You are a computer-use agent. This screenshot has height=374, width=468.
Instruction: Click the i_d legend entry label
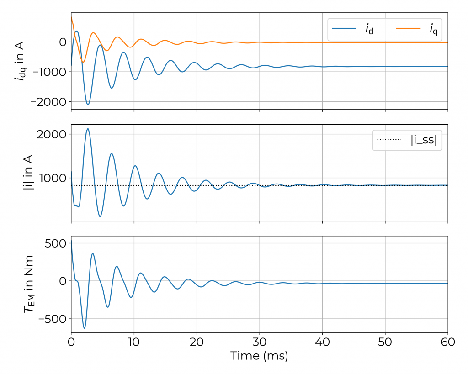pyautogui.click(x=369, y=29)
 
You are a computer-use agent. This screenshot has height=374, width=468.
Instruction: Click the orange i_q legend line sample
pyautogui.click(x=408, y=29)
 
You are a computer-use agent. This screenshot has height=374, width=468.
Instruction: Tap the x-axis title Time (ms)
pyautogui.click(x=259, y=356)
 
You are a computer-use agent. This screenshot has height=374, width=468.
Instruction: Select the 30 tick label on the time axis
pyautogui.click(x=260, y=342)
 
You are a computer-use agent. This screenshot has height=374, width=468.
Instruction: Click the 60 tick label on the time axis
pyautogui.click(x=447, y=342)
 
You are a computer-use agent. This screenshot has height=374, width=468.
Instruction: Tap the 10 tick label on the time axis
pyautogui.click(x=134, y=342)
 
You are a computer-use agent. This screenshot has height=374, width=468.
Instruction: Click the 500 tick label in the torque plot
pyautogui.click(x=54, y=243)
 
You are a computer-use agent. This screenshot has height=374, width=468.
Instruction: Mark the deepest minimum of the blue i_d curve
pyautogui.click(x=88, y=105)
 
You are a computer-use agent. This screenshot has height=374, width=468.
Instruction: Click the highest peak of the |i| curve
pyautogui.click(x=88, y=129)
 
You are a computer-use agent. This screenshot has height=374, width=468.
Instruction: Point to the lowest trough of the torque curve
pyautogui.click(x=84, y=328)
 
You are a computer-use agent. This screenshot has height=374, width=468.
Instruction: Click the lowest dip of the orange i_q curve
pyautogui.click(x=83, y=62)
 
